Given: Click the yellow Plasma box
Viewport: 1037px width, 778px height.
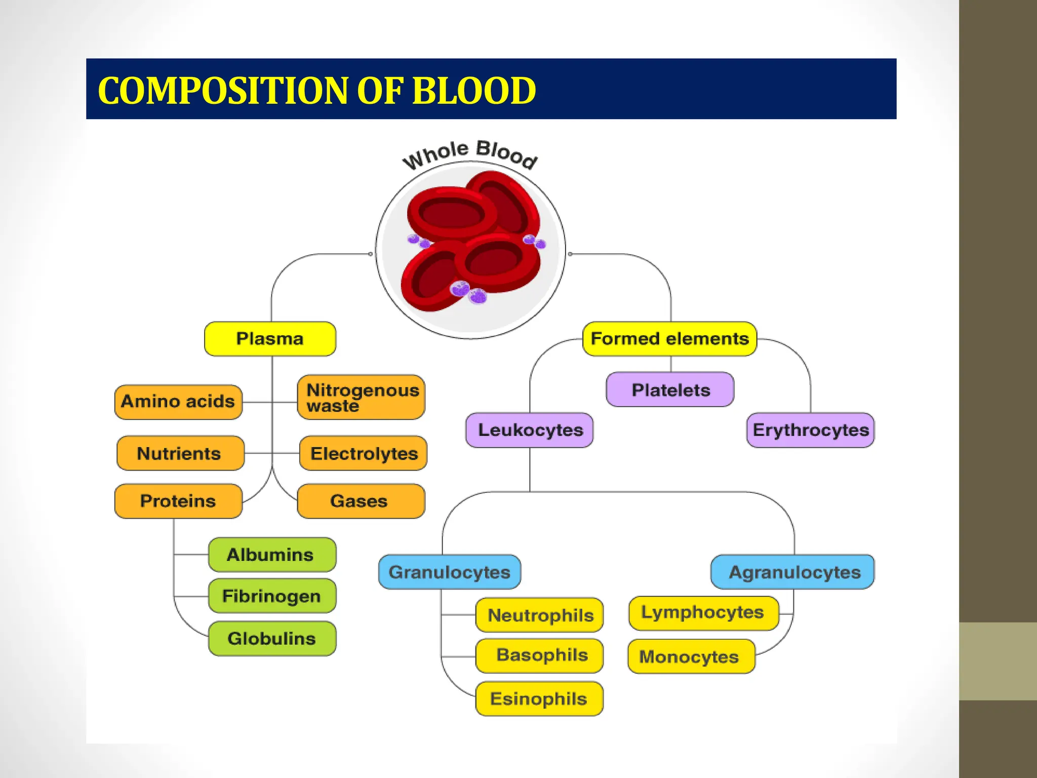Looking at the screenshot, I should coord(270,339).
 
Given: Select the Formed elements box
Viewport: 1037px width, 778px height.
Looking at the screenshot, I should coord(669,339).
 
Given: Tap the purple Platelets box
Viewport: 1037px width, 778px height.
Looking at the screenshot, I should coord(670,390).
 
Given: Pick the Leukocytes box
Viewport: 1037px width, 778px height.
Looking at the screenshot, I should coord(530,430).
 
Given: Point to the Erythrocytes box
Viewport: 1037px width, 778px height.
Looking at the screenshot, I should coord(810,430).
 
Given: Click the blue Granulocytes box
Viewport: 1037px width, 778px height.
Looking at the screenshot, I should coord(449,572).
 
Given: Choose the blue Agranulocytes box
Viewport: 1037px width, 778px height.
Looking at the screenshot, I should coord(793,572).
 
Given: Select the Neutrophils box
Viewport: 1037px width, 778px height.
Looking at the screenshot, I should coord(540,615).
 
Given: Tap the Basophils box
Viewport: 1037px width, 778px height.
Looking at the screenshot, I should coord(540,655).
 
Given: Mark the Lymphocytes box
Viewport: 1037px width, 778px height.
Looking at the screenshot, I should coord(703,613).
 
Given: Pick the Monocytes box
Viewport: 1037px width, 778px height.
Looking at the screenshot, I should coord(691,656).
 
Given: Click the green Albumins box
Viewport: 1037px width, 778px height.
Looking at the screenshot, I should coord(272,555).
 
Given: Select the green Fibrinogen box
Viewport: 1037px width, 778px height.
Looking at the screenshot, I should coord(272,596).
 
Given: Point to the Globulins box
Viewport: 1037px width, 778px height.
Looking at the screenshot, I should coord(272,639).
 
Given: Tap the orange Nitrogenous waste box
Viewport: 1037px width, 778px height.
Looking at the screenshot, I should coord(361,398).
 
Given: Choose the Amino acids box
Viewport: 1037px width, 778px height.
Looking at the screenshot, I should coord(178,402).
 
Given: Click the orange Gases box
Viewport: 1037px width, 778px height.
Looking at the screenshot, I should coord(361,501).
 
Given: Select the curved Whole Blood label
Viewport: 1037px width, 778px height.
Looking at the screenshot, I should coord(470,153).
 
